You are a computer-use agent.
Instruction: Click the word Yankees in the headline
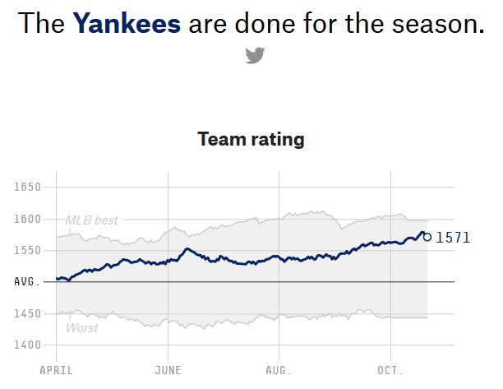point(127,23)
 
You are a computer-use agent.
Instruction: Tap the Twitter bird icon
point(255,56)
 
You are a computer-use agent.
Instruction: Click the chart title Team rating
point(251,139)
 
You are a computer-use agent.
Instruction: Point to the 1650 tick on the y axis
point(27,188)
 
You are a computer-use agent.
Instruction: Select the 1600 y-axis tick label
point(27,219)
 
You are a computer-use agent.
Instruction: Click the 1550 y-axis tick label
point(27,250)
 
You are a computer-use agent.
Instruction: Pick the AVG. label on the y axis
point(27,282)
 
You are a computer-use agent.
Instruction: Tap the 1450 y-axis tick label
point(27,313)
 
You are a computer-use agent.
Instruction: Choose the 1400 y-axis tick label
point(27,345)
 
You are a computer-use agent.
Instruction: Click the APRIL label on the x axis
point(56,371)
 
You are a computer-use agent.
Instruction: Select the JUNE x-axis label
point(168,371)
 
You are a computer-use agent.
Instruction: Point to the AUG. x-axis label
point(279,371)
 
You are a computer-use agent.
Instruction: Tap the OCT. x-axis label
point(390,371)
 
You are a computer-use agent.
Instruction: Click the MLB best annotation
point(92,220)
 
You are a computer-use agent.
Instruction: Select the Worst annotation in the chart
point(81,328)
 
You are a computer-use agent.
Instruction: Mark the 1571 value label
point(453,238)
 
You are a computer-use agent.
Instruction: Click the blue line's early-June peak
point(187,248)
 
